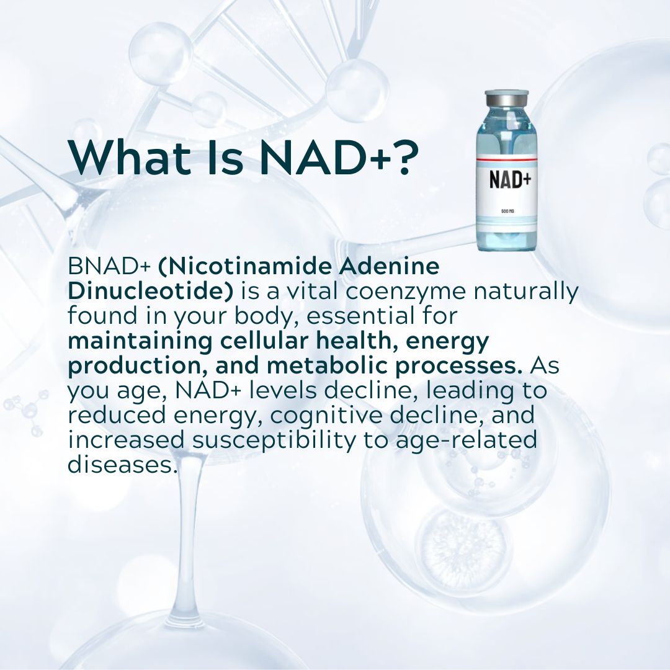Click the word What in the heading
coord(123,158)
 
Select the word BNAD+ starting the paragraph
coord(109,267)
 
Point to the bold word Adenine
coord(388,267)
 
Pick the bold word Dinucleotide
coord(146,292)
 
